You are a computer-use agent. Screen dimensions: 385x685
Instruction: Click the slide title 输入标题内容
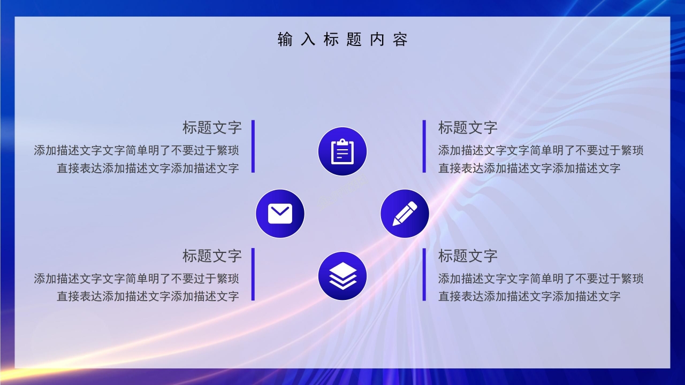(342, 40)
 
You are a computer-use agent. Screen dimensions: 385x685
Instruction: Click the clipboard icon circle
(342, 151)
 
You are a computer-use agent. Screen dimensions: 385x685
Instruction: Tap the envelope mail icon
(280, 214)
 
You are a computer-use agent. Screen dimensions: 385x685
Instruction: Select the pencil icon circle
(405, 214)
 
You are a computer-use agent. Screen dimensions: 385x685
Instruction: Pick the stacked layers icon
(342, 276)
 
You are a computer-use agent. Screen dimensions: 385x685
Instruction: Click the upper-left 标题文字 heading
(212, 128)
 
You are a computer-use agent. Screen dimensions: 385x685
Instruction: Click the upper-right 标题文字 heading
(468, 128)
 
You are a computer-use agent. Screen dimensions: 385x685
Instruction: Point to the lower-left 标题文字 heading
(212, 256)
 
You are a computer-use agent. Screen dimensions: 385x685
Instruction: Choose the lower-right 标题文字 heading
(468, 256)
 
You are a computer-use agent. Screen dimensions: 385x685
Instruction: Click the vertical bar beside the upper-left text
(253, 147)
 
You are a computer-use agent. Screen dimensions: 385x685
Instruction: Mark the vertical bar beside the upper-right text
(424, 147)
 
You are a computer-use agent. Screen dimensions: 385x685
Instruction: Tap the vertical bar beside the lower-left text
(253, 274)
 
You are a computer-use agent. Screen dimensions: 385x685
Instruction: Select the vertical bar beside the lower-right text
(424, 274)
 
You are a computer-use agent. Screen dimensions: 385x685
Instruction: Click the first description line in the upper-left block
(136, 150)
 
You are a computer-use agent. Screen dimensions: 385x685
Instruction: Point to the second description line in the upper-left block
(148, 168)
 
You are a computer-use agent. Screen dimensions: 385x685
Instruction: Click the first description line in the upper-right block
(541, 150)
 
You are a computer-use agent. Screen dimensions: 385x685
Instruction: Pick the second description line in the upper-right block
(529, 168)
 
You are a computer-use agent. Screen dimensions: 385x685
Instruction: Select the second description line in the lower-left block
(148, 296)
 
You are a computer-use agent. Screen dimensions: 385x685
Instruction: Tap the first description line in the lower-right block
(541, 279)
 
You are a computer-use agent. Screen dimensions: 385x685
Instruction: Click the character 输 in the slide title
(285, 40)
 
